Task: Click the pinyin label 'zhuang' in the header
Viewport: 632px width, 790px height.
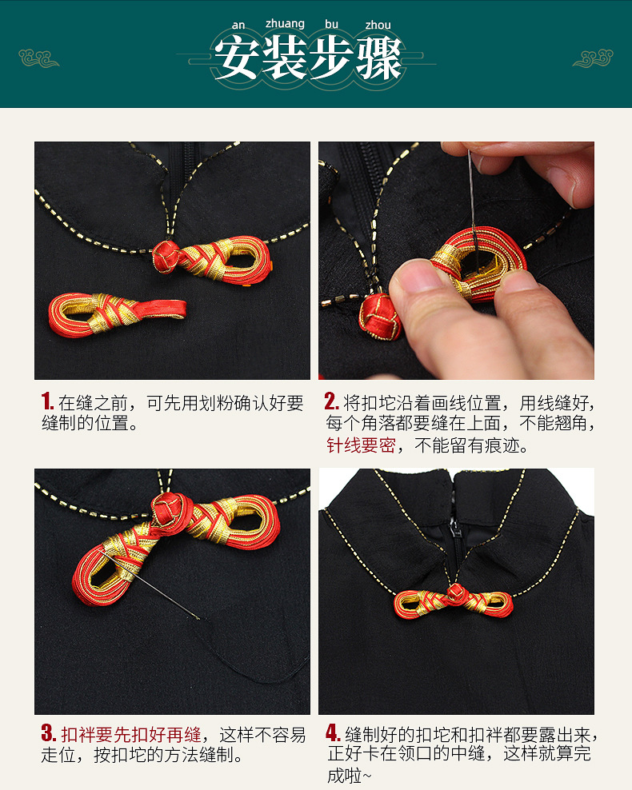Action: [x=284, y=24]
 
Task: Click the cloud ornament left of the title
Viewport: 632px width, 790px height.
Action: [x=39, y=58]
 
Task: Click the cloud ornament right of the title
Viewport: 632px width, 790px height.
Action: [x=592, y=58]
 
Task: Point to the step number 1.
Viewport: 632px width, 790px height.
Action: [x=47, y=401]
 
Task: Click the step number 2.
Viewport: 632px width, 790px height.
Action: [x=331, y=401]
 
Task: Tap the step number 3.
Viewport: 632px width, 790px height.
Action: [x=48, y=734]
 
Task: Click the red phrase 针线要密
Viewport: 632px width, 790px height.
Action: [x=360, y=445]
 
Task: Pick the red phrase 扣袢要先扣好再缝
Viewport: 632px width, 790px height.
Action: [x=130, y=734]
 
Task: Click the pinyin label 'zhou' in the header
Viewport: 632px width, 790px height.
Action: [x=378, y=25]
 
